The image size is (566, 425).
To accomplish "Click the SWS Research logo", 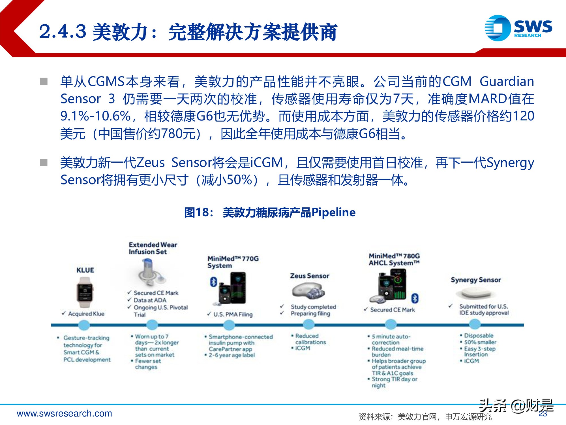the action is coord(518,28).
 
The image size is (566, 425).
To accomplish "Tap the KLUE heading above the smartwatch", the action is coord(85,270).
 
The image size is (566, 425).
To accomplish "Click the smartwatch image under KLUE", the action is coord(85,293).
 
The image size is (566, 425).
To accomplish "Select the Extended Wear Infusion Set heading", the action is coord(153,248).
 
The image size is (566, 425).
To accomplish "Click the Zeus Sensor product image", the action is coord(308,292).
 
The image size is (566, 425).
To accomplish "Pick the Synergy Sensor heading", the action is coord(476,280).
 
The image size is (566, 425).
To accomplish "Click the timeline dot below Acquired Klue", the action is coord(84,325).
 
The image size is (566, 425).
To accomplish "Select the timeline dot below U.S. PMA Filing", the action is coord(229,325).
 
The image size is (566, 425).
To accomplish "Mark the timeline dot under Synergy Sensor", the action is coord(475,325).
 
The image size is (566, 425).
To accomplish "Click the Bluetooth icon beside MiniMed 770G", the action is coord(213,282).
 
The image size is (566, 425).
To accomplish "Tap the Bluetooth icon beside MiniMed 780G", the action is coord(415,298).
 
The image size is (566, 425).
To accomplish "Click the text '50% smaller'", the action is coord(480,342).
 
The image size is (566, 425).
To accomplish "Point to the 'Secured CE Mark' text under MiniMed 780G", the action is coord(393,310).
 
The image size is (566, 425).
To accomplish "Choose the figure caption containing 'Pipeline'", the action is coord(270,212).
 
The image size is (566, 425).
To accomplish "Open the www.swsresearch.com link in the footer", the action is coord(65,413).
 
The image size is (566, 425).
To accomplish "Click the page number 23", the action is coord(543,414).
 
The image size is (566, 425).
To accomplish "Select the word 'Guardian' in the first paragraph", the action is coord(507,81).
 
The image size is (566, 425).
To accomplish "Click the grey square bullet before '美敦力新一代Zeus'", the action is coord(44,162).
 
